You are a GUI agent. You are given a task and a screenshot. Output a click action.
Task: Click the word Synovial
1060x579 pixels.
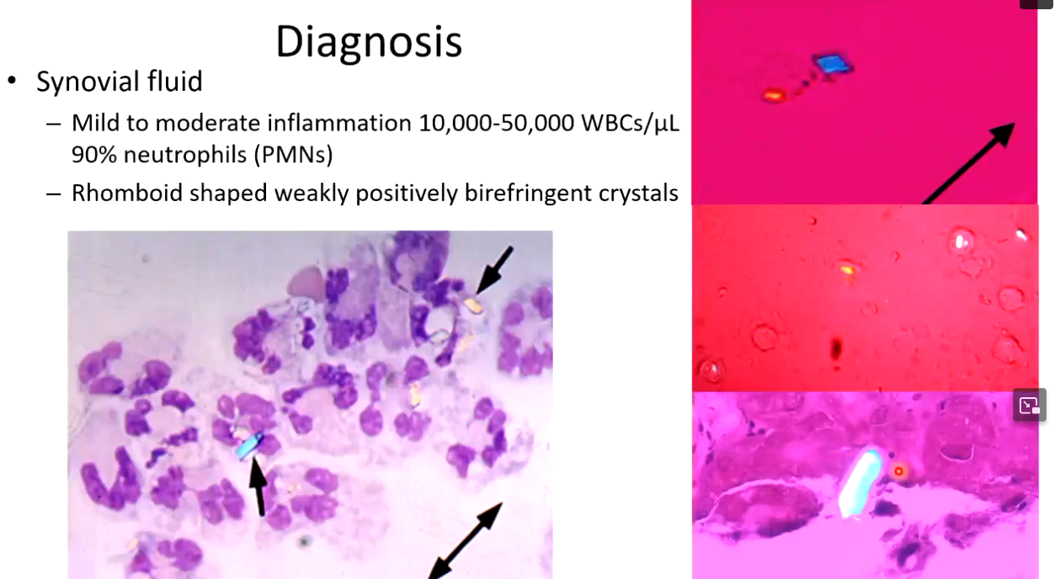[88, 81]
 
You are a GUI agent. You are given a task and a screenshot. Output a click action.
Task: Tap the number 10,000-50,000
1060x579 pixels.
[496, 123]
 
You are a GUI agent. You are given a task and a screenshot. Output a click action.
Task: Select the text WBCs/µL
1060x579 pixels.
[631, 124]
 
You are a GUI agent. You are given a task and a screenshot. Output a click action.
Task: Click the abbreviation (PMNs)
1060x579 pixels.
[293, 155]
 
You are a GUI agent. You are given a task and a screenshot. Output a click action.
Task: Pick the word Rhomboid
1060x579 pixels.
[127, 193]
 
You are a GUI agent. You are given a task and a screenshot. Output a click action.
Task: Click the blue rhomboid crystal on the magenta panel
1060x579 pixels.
[834, 65]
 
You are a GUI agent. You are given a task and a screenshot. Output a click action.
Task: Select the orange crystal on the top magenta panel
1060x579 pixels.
[773, 96]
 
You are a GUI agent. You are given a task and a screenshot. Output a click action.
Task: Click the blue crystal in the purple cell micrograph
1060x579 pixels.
[249, 446]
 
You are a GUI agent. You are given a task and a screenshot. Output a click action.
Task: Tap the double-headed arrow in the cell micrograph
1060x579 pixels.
[465, 540]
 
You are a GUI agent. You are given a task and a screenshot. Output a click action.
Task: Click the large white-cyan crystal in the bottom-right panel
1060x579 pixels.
[860, 483]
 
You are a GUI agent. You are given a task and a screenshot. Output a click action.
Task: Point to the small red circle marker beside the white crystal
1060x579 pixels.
[898, 471]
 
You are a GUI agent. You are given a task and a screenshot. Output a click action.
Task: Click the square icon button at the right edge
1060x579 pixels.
[1029, 405]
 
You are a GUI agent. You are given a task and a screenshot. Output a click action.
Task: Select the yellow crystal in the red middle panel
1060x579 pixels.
[848, 270]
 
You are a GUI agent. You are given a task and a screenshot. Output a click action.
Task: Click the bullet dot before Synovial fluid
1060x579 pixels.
[12, 81]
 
